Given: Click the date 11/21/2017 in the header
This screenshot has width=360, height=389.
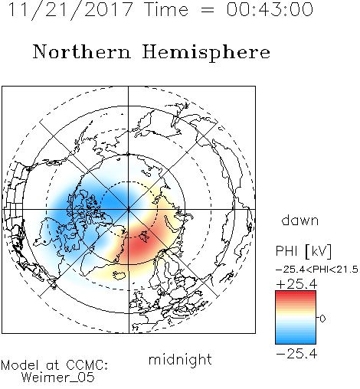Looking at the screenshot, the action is (x=70, y=10).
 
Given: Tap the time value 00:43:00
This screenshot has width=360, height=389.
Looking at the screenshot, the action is (x=270, y=10).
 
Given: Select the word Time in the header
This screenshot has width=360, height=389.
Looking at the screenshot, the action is (x=166, y=10).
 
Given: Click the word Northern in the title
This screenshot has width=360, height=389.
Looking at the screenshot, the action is (x=82, y=51).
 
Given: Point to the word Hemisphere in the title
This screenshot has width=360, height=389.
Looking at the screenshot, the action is (x=206, y=53).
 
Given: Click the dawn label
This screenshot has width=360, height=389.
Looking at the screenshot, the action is (x=300, y=220).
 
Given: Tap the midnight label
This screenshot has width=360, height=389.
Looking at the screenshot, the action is (x=180, y=360).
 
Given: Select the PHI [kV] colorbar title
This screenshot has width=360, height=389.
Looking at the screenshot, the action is (x=303, y=250).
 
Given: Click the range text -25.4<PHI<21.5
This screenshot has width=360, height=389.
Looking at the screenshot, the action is (x=317, y=270).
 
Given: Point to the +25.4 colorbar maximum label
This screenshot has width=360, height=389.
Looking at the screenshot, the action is (x=296, y=284).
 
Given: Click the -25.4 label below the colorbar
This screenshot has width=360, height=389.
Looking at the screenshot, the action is (x=296, y=354).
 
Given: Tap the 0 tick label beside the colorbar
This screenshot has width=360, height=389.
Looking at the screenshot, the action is (x=322, y=319).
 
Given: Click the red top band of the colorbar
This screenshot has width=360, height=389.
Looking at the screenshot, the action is (x=296, y=294).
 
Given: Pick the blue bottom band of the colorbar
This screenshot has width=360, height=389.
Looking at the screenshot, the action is (x=296, y=341).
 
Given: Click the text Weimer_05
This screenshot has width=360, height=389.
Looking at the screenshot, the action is (x=58, y=378).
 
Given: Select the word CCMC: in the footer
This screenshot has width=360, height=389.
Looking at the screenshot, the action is (x=87, y=365).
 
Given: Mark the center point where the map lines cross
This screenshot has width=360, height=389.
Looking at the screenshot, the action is (x=129, y=209).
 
